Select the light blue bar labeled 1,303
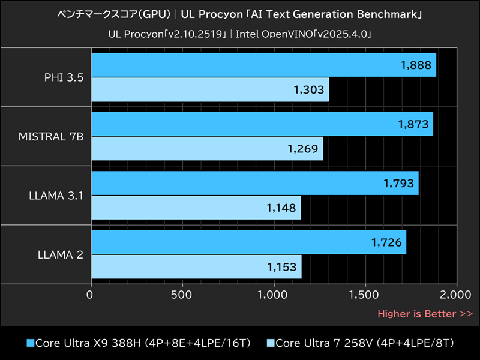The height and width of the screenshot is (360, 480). pos(209,89)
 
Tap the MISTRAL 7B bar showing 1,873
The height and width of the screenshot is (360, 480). pos(262,124)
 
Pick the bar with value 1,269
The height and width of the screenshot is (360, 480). pos(206,148)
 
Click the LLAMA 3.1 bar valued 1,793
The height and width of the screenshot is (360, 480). pos(254,183)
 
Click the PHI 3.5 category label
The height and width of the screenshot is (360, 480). pos(63,77)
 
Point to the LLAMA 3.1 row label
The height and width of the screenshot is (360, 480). pos(55,195)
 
